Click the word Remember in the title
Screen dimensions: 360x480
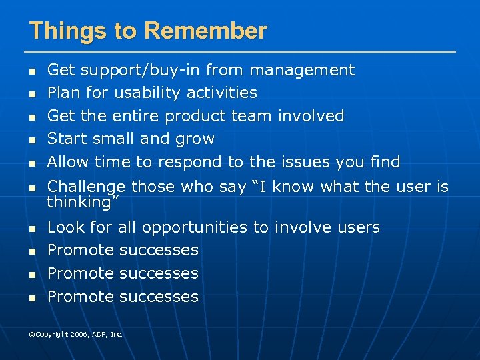click(205, 31)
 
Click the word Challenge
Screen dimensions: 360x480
click(87, 187)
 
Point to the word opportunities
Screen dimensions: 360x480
click(193, 228)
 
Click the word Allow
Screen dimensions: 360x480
click(69, 162)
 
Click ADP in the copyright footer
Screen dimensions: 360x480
click(99, 334)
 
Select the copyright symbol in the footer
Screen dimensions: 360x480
click(31, 334)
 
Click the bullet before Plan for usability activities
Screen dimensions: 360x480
click(31, 94)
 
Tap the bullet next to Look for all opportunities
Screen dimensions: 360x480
click(31, 229)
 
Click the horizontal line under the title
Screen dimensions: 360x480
click(240, 51)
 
